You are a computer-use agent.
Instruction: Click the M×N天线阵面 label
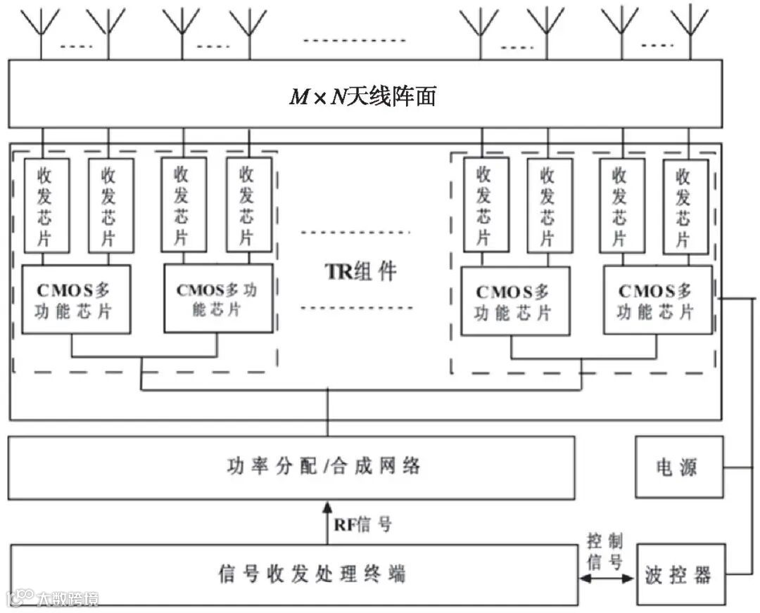pos(363,95)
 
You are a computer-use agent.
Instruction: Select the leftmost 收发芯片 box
pos(46,204)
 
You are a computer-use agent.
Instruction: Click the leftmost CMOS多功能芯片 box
pos(76,299)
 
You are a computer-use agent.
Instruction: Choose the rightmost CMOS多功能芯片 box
pos(657,300)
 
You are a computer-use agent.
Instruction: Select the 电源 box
pos(676,467)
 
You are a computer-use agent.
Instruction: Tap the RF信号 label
pos(363,524)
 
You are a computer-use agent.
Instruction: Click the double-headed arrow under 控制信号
pos(606,579)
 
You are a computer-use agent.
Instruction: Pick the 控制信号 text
pos(606,552)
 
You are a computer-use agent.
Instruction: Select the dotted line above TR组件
pos(355,231)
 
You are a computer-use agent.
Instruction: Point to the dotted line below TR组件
pos(355,307)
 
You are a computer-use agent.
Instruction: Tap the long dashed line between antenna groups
pos(355,39)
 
